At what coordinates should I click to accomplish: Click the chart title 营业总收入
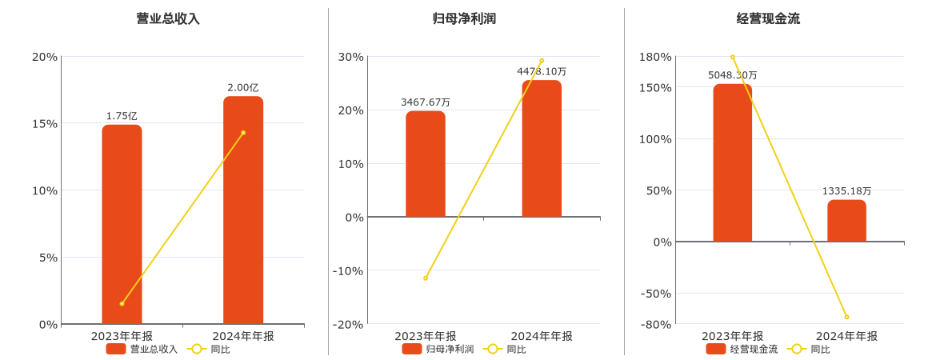click(168, 18)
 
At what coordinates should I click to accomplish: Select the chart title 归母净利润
click(464, 18)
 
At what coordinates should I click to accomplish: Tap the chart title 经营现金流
click(768, 18)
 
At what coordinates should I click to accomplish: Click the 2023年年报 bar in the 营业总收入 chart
click(122, 224)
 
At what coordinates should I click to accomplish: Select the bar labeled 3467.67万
click(426, 164)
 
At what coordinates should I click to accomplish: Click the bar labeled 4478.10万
click(542, 149)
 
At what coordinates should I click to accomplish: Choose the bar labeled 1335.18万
click(846, 221)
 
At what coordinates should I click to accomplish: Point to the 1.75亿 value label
click(122, 116)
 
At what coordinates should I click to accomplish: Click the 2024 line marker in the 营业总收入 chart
click(243, 133)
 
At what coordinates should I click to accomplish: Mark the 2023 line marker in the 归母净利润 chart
click(426, 278)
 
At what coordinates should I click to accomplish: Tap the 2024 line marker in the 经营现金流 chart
click(846, 317)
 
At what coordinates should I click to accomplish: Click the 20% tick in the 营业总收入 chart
click(45, 57)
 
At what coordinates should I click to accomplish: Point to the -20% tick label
click(348, 324)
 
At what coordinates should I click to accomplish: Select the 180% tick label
click(655, 57)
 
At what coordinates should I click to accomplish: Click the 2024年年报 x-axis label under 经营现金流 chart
click(846, 336)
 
